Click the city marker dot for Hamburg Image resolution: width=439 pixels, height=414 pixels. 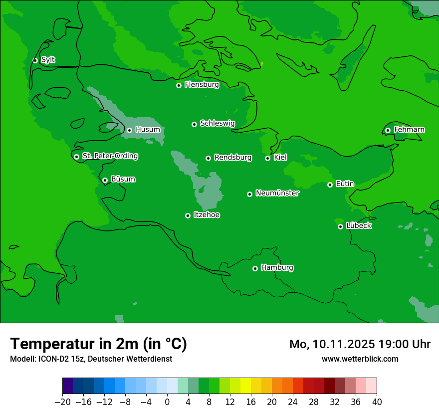coord(255,268)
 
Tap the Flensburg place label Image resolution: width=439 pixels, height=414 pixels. coord(202,85)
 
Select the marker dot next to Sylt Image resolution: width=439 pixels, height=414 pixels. coord(35,60)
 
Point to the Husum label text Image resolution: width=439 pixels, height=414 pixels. coord(148,130)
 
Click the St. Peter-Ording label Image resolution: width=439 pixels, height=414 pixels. coord(110,156)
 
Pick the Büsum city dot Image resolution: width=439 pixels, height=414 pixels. coord(105,180)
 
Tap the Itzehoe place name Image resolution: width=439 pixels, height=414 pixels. coord(207,215)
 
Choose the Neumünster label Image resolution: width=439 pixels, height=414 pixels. coord(277,193)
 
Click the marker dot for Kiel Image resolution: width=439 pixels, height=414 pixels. coord(267,158)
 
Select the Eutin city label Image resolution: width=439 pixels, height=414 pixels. coord(345,184)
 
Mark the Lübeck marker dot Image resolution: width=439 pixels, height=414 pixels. coord(340,226)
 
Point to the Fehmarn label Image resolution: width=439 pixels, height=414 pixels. coord(409,130)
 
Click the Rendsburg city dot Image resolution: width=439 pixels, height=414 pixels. coord(208,158)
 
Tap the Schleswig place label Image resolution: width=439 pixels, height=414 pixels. coord(217,123)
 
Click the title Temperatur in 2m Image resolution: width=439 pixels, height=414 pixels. coord(98,344)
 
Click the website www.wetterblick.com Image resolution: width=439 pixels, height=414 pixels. coord(360,359)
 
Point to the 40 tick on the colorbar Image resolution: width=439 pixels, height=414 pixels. coord(377,402)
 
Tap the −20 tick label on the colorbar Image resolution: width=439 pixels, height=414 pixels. coord(62,402)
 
